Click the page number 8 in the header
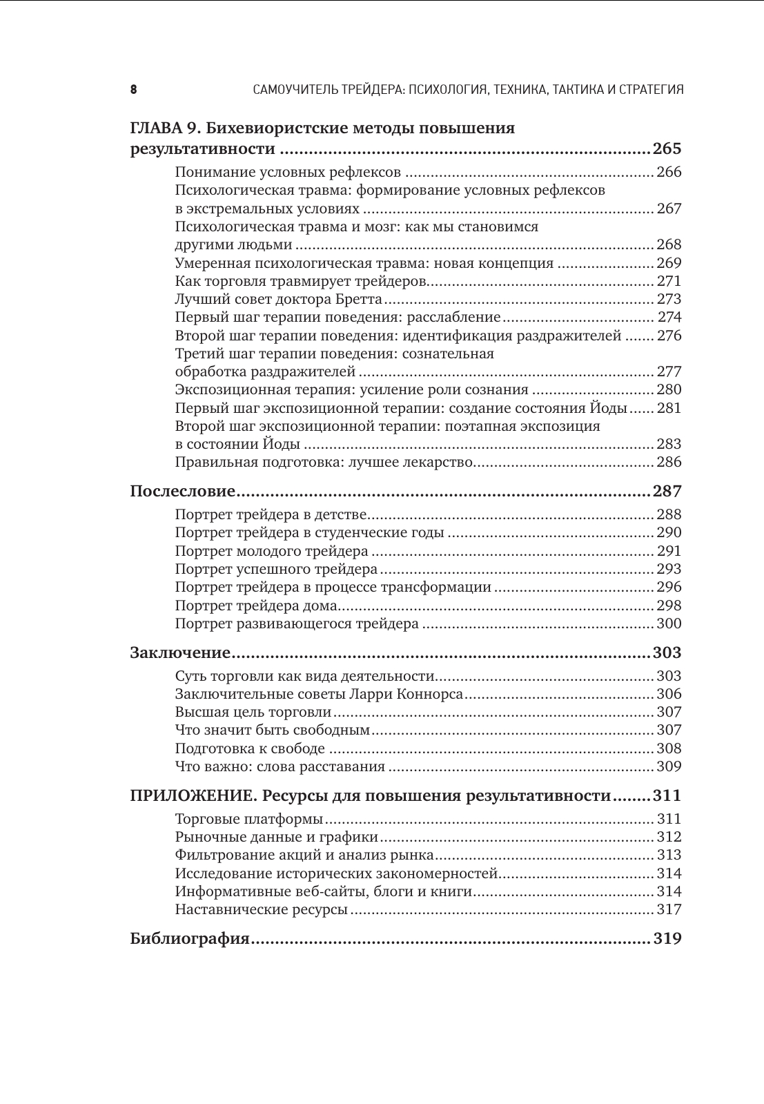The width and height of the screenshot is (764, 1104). (x=133, y=90)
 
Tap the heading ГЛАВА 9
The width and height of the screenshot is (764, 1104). (x=166, y=128)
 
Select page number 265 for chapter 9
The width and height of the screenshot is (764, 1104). (x=666, y=149)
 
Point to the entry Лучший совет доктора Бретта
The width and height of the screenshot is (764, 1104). (x=278, y=299)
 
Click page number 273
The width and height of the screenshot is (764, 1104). (x=669, y=299)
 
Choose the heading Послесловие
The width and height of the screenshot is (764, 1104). (x=183, y=492)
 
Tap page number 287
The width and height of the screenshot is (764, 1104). (x=666, y=492)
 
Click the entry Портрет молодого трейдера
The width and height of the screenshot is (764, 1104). (x=272, y=551)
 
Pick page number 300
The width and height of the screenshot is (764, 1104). (x=669, y=623)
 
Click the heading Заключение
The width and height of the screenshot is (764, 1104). (x=179, y=653)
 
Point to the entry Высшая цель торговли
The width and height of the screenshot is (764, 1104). (x=253, y=712)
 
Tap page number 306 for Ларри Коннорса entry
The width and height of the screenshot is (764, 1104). (x=669, y=694)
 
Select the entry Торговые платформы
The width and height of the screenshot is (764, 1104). (x=249, y=819)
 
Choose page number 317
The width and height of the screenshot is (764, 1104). (x=669, y=909)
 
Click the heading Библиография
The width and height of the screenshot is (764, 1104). (x=190, y=939)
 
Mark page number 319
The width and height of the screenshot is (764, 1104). (x=666, y=939)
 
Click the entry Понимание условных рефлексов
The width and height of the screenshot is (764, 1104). (x=288, y=172)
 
